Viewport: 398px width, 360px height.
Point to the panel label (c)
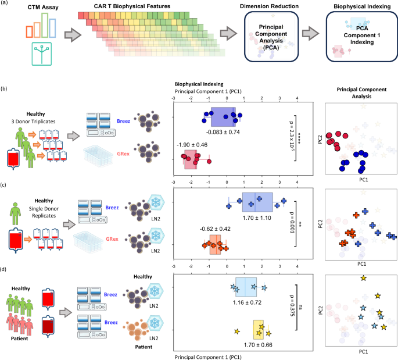[5, 186]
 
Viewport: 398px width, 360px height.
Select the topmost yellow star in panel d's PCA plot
[363, 279]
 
